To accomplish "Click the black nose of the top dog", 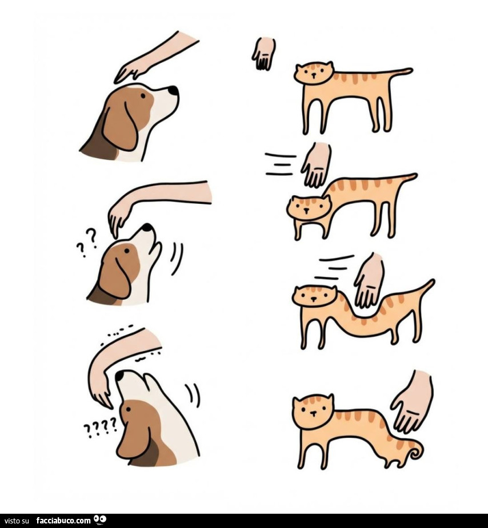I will [173, 90].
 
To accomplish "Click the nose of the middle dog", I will [148, 227].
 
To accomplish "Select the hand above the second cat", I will [316, 165].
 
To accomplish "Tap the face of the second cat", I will [308, 207].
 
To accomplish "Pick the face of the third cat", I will [314, 296].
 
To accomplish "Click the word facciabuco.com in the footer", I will [63, 520].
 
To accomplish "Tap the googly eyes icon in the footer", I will [100, 519].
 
